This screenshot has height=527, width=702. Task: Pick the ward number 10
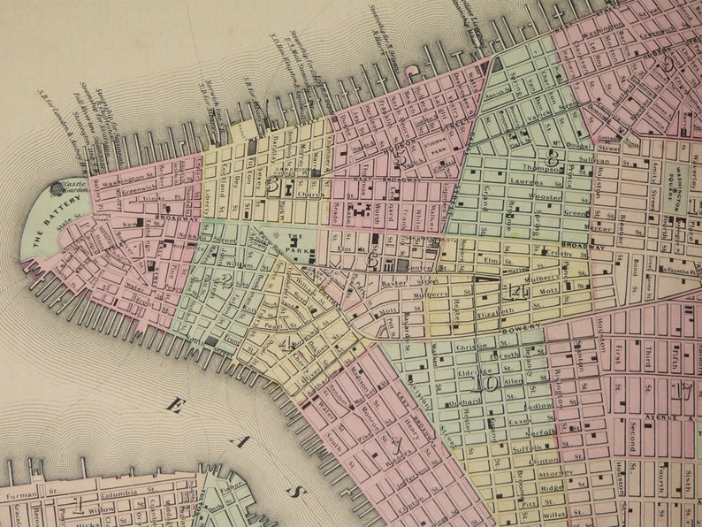(x=485, y=383)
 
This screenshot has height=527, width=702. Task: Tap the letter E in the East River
(x=176, y=405)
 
